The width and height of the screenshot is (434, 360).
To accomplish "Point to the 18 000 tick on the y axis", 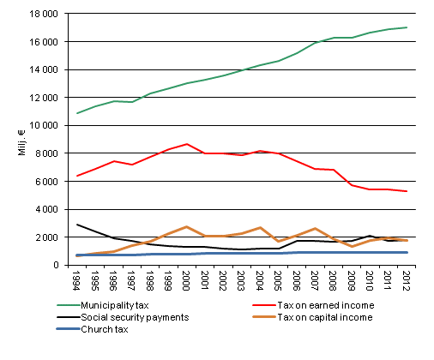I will pyautogui.click(x=45, y=14).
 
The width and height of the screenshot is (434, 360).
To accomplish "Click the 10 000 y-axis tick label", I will pyautogui.click(x=45, y=125).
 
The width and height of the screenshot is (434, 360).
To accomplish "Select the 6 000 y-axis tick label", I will pyautogui.click(x=48, y=181).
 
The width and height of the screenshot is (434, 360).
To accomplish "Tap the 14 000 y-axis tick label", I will pyautogui.click(x=45, y=69).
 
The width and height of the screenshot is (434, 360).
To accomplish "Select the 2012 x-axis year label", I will pyautogui.click(x=405, y=280).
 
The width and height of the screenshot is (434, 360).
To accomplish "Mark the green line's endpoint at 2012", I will pyautogui.click(x=406, y=27).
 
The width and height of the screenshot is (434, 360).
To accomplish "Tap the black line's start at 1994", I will pyautogui.click(x=78, y=225).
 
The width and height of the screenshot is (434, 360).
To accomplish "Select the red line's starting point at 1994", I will pyautogui.click(x=78, y=176).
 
